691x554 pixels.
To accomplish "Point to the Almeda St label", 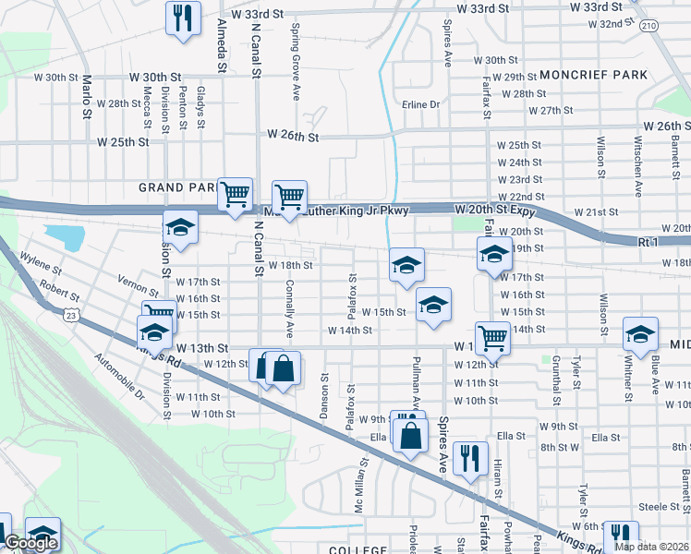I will tap(222, 44).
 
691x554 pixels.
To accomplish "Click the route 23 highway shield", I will tap(71, 316).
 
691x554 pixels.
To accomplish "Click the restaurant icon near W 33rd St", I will tap(182, 17).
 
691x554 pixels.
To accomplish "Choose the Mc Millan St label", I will tap(359, 486).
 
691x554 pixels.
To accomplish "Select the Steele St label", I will tap(659, 506).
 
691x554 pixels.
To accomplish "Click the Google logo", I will tap(30, 543).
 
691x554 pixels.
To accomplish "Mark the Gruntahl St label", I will tap(557, 379).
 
